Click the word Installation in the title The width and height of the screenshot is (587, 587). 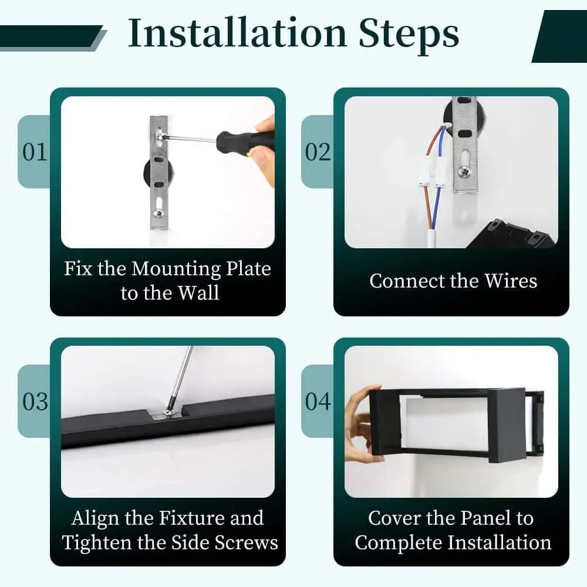pyautogui.click(x=237, y=33)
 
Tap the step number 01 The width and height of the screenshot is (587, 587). pyautogui.click(x=35, y=152)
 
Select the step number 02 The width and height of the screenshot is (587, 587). pyautogui.click(x=318, y=152)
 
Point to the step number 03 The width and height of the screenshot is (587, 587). pyautogui.click(x=35, y=402)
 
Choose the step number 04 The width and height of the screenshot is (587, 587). pyautogui.click(x=318, y=402)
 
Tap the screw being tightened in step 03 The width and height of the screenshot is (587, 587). pyautogui.click(x=168, y=413)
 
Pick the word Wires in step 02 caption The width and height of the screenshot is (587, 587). pyautogui.click(x=511, y=281)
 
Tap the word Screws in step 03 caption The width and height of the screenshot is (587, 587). pyautogui.click(x=247, y=543)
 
